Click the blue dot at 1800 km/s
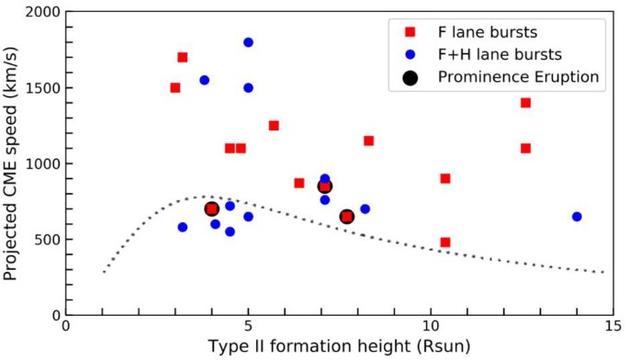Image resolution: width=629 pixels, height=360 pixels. (x=248, y=42)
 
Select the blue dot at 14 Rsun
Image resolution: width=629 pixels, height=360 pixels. (x=577, y=217)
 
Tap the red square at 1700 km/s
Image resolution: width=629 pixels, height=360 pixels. (x=182, y=57)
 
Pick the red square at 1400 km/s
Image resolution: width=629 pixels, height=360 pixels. (x=525, y=103)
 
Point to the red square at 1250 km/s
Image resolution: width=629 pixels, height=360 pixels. (x=274, y=126)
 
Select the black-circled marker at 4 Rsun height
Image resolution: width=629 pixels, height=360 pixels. (x=211, y=209)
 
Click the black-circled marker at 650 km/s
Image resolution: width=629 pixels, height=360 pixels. (x=347, y=217)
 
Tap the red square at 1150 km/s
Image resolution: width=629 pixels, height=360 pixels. (x=368, y=141)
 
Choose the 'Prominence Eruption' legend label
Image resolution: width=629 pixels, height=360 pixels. (x=520, y=77)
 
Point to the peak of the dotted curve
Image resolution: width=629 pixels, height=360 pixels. (x=208, y=196)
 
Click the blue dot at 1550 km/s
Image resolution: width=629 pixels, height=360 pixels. (x=204, y=80)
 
